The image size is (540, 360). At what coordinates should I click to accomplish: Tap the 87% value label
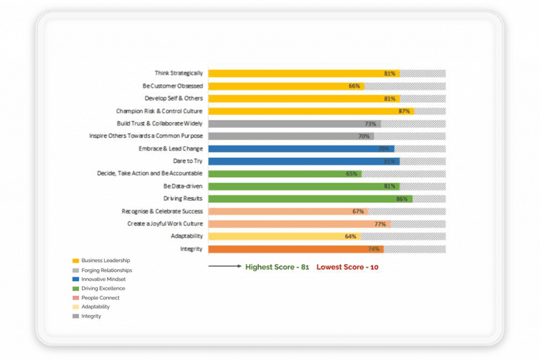pyautogui.click(x=404, y=111)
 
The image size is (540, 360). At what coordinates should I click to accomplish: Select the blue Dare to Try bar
pyautogui.click(x=303, y=161)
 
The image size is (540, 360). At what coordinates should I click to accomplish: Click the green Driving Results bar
pyautogui.click(x=310, y=199)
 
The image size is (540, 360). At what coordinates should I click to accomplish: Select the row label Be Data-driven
pyautogui.click(x=183, y=186)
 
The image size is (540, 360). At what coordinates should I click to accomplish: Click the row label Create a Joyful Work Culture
pyautogui.click(x=165, y=224)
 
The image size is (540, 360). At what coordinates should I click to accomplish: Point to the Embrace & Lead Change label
pyautogui.click(x=171, y=149)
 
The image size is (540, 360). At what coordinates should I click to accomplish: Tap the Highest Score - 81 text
pyautogui.click(x=277, y=267)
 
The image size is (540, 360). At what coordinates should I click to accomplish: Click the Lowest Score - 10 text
pyautogui.click(x=348, y=267)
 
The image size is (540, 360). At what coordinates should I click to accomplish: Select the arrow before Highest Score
pyautogui.click(x=224, y=267)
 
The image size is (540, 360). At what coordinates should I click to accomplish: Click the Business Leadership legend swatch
pyautogui.click(x=76, y=261)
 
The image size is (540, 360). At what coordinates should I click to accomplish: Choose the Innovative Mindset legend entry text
pyautogui.click(x=104, y=279)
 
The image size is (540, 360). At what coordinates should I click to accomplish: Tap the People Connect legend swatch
pyautogui.click(x=76, y=298)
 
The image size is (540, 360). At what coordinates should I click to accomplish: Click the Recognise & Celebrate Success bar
pyautogui.click(x=288, y=211)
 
